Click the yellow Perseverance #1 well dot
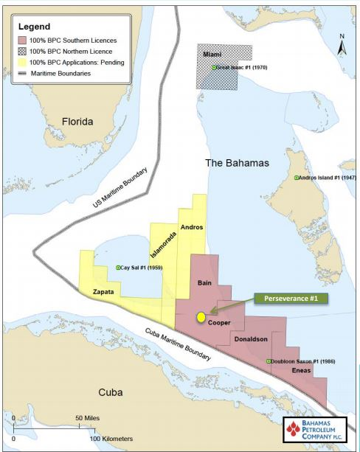click(x=200, y=317)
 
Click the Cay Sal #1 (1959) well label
click(x=139, y=267)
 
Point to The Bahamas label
click(x=237, y=162)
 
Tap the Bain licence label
click(x=205, y=283)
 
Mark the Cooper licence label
click(x=220, y=322)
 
